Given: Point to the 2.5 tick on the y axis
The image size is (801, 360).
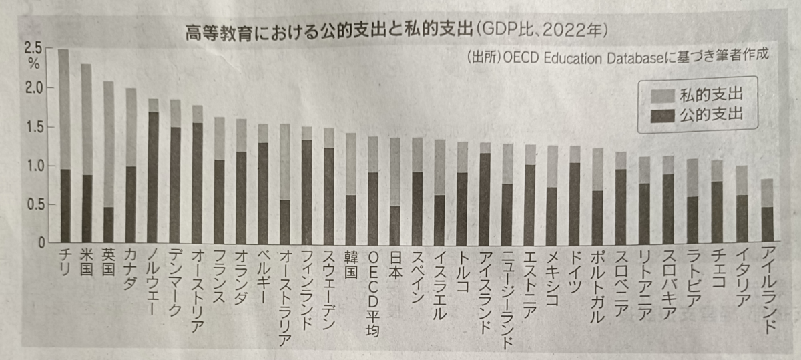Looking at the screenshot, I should point(33,48).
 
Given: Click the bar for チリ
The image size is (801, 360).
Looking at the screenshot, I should point(65,147).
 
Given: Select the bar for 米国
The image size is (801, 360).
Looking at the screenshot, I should point(87,154).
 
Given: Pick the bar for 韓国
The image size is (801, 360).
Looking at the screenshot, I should point(351,187).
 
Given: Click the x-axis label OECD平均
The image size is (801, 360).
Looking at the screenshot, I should point(374,294).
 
